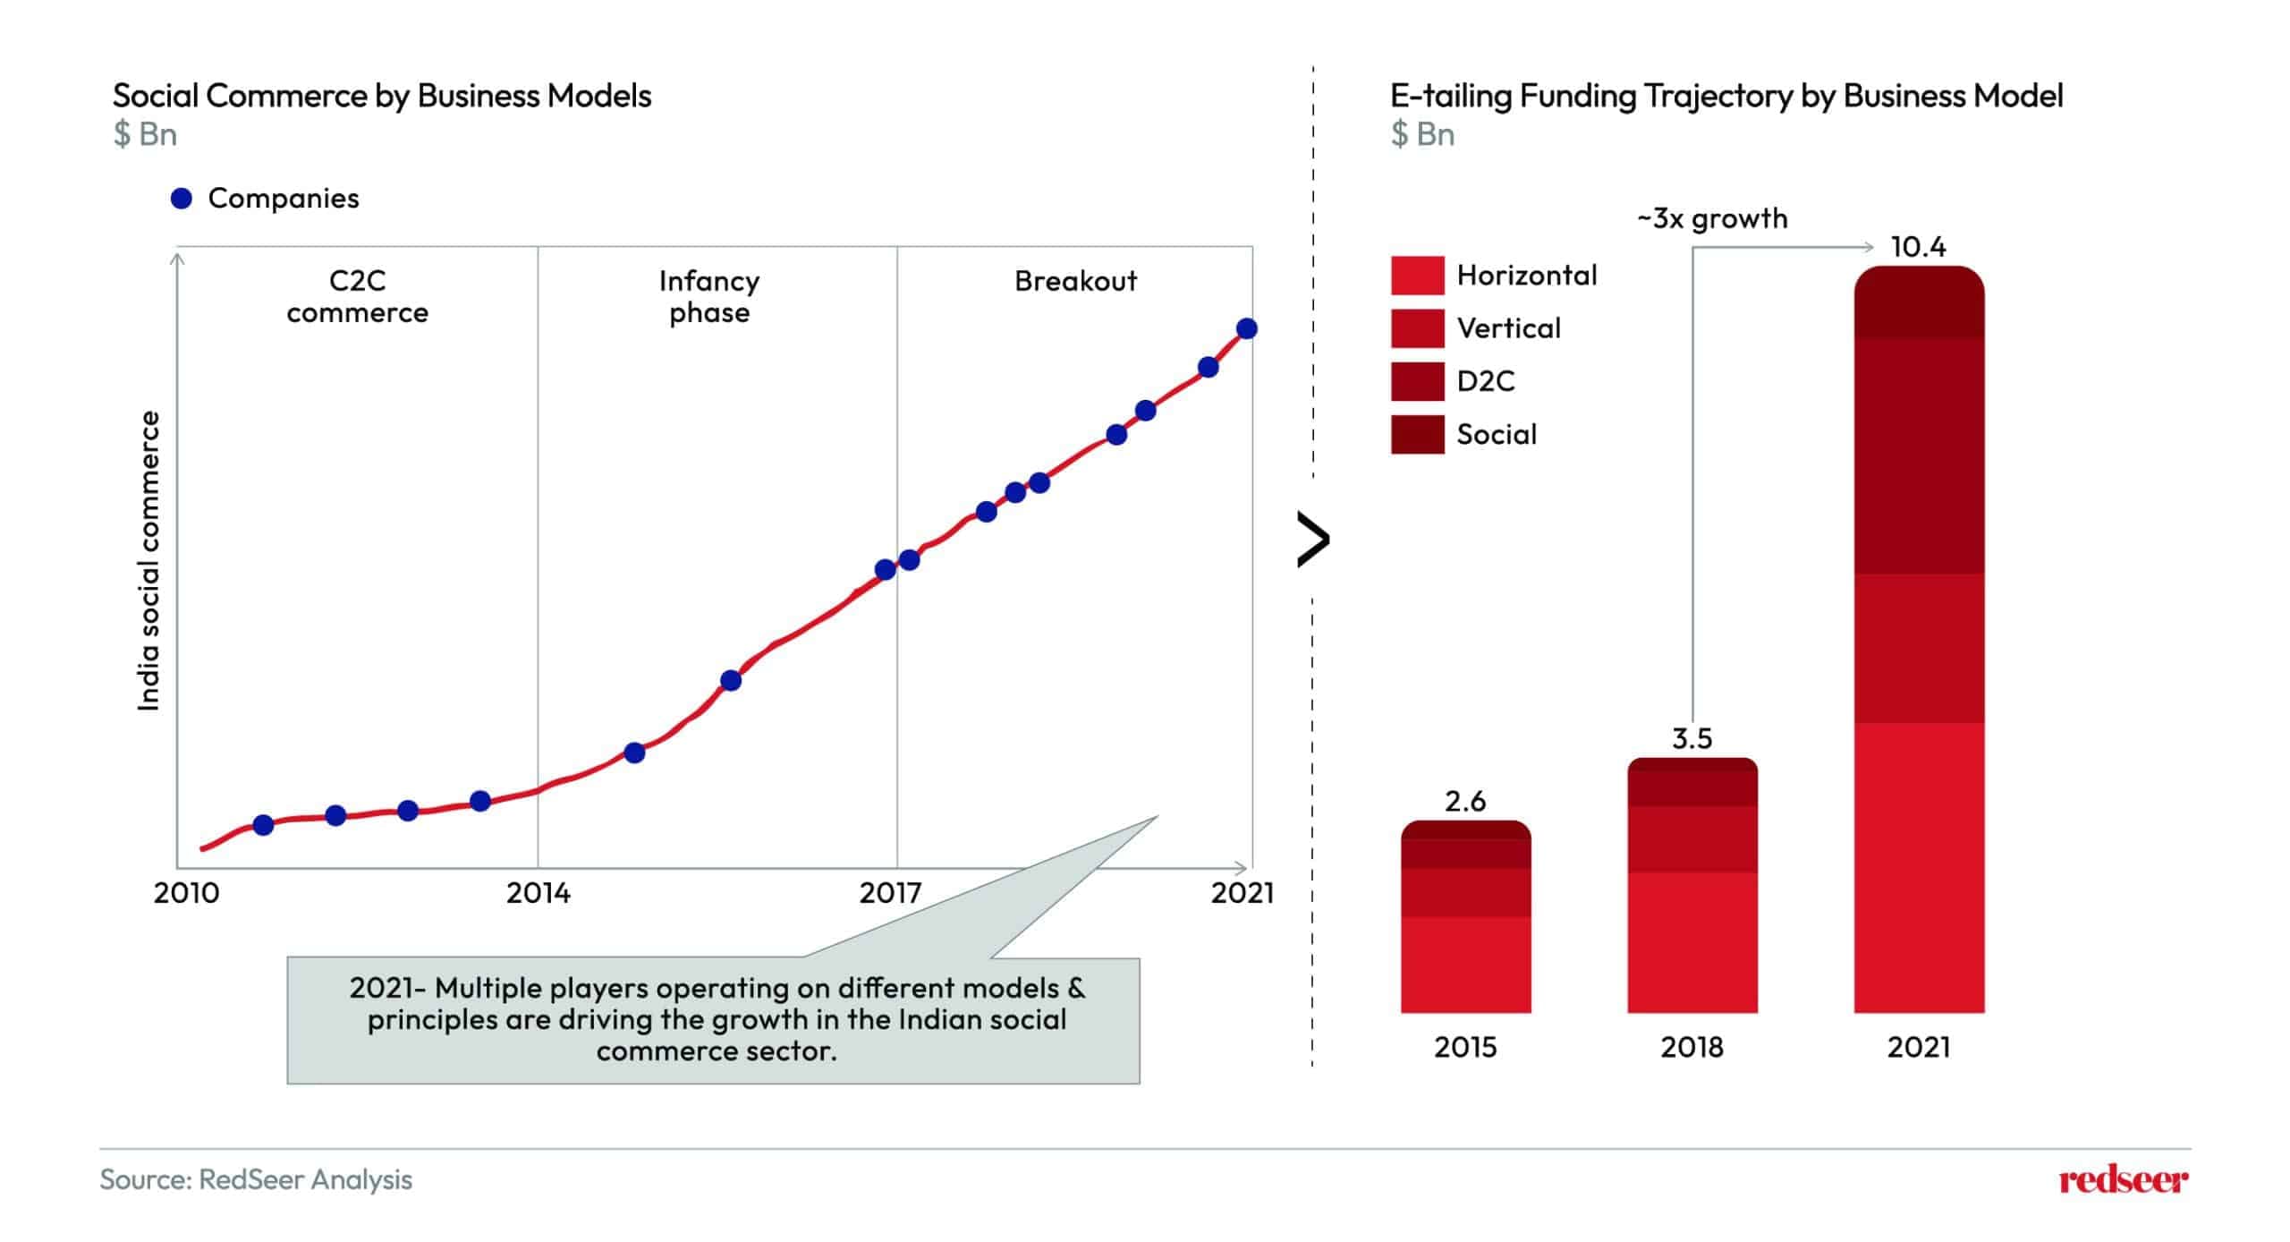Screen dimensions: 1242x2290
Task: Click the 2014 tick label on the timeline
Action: click(x=538, y=892)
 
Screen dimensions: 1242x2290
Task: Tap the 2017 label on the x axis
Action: click(x=890, y=892)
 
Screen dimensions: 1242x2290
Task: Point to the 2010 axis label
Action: click(x=186, y=892)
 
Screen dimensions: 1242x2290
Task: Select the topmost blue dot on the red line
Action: click(x=1246, y=328)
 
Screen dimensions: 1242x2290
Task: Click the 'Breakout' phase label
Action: click(x=1075, y=281)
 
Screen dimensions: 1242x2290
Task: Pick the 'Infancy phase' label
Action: click(x=709, y=296)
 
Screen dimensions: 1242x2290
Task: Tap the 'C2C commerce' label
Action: click(x=357, y=296)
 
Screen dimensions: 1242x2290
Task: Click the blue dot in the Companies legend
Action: click(x=182, y=198)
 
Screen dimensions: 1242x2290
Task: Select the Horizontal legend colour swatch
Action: click(x=1417, y=275)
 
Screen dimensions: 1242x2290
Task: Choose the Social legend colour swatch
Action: click(x=1417, y=434)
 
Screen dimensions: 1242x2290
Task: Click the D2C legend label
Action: click(x=1486, y=381)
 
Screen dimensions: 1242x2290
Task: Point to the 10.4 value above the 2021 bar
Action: click(x=1918, y=246)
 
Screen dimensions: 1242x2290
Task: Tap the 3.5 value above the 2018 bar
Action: click(x=1692, y=738)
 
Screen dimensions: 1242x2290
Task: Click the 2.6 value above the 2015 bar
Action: click(x=1465, y=801)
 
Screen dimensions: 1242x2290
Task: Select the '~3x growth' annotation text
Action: click(x=1712, y=218)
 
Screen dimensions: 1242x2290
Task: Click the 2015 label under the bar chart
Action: click(x=1465, y=1046)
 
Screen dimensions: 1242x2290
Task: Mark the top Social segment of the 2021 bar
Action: click(x=1919, y=303)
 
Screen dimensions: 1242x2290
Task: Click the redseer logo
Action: click(x=2124, y=1180)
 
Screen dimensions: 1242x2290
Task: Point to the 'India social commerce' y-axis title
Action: click(x=148, y=561)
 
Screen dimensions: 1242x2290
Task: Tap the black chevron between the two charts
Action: click(x=1313, y=540)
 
